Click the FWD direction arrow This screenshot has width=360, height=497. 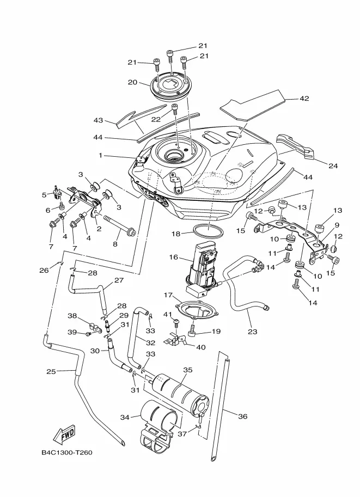click(64, 434)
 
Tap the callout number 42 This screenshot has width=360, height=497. click(304, 99)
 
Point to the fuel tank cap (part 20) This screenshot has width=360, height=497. click(171, 85)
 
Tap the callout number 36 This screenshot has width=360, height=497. click(243, 416)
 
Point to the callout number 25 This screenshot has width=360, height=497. click(51, 371)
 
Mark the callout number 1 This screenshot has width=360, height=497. click(101, 155)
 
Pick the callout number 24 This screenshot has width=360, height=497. click(333, 166)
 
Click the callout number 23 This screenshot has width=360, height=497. click(253, 332)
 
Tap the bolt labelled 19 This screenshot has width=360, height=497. click(193, 330)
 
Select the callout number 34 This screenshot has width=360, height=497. click(125, 418)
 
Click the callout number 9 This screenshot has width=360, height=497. click(337, 225)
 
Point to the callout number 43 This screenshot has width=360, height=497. click(99, 120)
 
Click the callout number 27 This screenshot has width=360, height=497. click(119, 280)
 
